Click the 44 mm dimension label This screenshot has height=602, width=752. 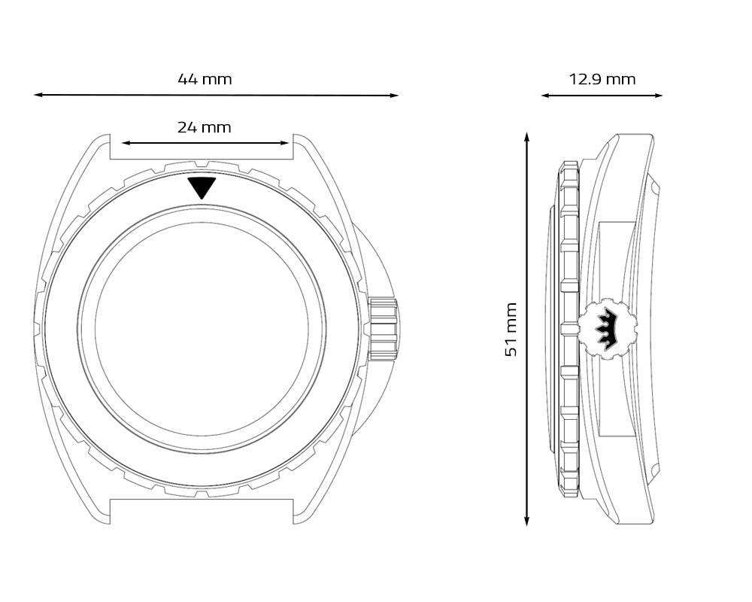point(205,79)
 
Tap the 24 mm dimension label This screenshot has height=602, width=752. point(205,128)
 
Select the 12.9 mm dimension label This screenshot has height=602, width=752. point(602,79)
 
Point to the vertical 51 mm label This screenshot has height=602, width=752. point(511,330)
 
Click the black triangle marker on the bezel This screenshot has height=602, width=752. point(202,187)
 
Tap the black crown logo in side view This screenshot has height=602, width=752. point(605,328)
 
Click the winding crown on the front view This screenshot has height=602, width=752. point(384,330)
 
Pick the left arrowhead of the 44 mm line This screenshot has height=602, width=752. point(38,95)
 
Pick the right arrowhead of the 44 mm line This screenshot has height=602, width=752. point(394,96)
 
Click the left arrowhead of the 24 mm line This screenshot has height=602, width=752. point(126,143)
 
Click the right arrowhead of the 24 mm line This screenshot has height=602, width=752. point(284,143)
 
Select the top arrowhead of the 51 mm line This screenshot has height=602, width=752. point(526,137)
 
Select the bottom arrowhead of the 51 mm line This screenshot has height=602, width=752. point(526,521)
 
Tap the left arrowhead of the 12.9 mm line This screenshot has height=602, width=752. point(547,96)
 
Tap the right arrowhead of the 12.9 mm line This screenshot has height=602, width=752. point(657,96)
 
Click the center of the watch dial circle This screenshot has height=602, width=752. point(202,329)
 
